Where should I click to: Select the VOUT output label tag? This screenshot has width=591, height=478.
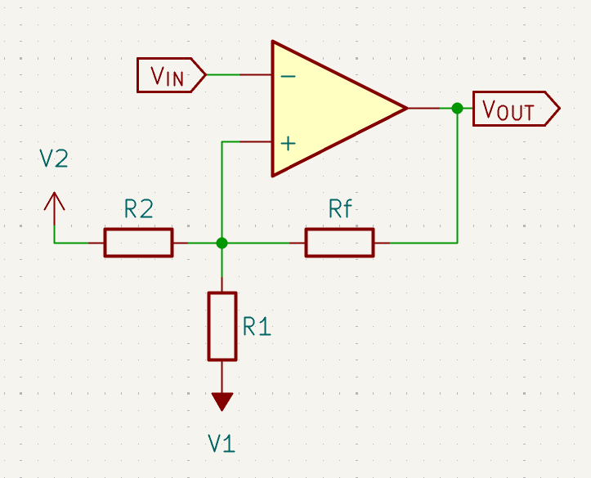click(518, 109)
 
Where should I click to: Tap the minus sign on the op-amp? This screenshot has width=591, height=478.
click(288, 75)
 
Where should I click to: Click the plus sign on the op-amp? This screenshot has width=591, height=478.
click(288, 143)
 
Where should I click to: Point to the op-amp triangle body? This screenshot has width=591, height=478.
click(327, 108)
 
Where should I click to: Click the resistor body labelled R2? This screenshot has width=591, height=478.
click(138, 243)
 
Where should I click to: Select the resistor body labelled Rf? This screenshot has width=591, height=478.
click(339, 243)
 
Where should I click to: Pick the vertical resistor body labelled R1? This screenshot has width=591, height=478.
click(222, 326)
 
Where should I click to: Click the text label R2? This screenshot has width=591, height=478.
click(139, 210)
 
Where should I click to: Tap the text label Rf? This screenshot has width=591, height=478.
click(340, 209)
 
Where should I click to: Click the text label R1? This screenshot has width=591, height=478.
click(257, 328)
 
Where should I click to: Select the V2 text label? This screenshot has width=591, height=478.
click(54, 159)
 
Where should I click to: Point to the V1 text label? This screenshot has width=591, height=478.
click(222, 444)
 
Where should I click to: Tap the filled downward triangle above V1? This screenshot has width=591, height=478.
click(222, 401)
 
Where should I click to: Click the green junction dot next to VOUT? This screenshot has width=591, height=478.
click(457, 108)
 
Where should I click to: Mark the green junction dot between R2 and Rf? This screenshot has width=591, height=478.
click(222, 243)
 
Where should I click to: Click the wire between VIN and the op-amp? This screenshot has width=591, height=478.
click(237, 75)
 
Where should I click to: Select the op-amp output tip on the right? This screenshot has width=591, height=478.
click(405, 108)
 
